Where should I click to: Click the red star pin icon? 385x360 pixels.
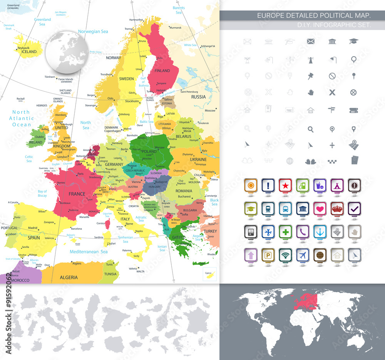[x=285, y=185]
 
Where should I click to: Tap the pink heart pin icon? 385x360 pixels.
[x=320, y=208]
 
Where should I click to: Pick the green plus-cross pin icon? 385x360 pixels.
[x=285, y=231]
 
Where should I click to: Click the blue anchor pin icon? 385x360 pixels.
[x=320, y=231]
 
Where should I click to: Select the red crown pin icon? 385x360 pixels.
[x=337, y=208]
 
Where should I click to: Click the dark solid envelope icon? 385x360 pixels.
[x=311, y=41]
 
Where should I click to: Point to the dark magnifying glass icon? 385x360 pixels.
[x=311, y=129]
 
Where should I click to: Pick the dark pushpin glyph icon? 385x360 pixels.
[x=311, y=76]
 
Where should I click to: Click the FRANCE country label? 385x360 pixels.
[x=77, y=194]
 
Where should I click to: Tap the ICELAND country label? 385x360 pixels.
[x=29, y=52]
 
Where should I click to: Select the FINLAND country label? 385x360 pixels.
[x=162, y=71]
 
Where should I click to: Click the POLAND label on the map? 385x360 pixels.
[x=149, y=151]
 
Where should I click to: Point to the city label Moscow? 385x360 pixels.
[x=210, y=111]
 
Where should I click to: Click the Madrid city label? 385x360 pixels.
[x=33, y=228]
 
